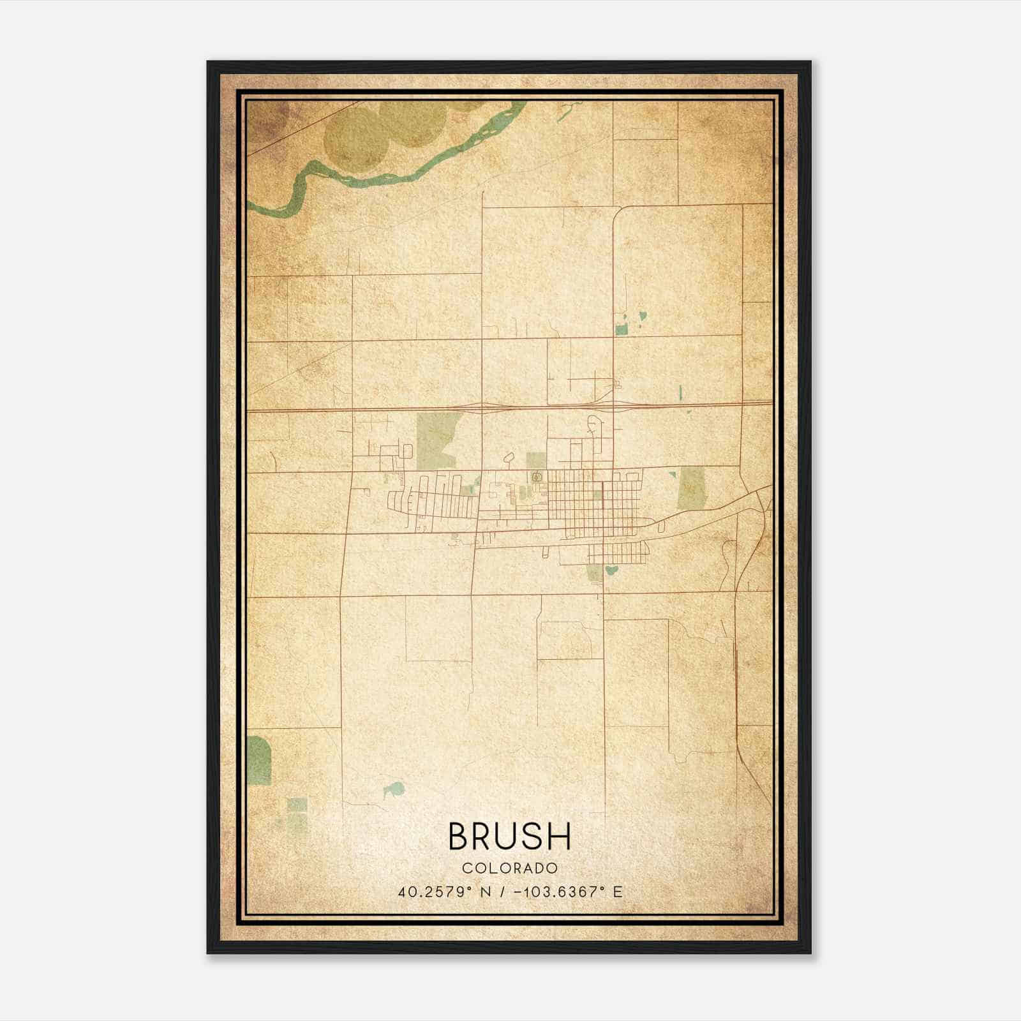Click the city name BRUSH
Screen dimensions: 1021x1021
pyautogui.click(x=510, y=837)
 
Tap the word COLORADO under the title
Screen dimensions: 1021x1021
pyautogui.click(x=510, y=868)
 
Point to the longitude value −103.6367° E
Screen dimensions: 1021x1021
pyautogui.click(x=562, y=892)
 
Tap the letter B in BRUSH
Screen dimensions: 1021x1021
pyautogui.click(x=460, y=837)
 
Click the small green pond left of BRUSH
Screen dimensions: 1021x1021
pyautogui.click(x=394, y=791)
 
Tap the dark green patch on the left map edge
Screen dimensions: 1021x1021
pyautogui.click(x=258, y=759)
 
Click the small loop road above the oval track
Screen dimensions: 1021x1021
pyautogui.click(x=509, y=458)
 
